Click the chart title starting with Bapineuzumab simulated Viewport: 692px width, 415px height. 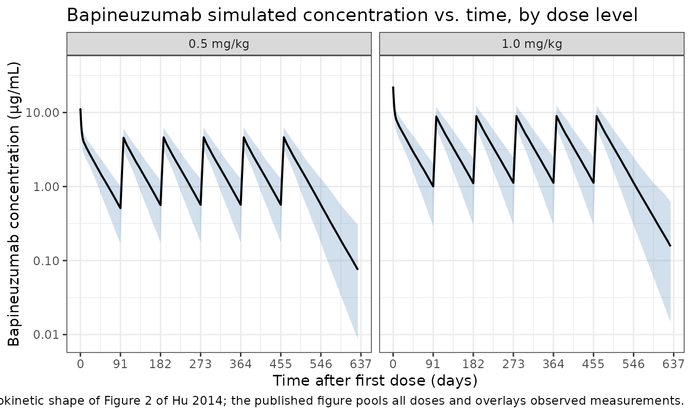tap(352, 15)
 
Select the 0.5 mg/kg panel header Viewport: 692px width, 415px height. tap(219, 44)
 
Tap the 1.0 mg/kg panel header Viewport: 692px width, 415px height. tap(532, 44)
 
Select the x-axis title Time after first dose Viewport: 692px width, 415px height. tap(375, 381)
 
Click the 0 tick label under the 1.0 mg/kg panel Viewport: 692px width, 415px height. tap(393, 364)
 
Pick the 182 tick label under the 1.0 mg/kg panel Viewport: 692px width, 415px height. tap(473, 364)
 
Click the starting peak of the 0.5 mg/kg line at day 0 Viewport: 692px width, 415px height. tap(80, 109)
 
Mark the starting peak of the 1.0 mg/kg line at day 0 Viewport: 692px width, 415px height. tap(393, 88)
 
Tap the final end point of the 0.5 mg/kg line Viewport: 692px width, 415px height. tap(357, 269)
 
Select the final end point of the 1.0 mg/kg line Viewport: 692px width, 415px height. tap(670, 246)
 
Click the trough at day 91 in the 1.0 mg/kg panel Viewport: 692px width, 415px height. tap(433, 186)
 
